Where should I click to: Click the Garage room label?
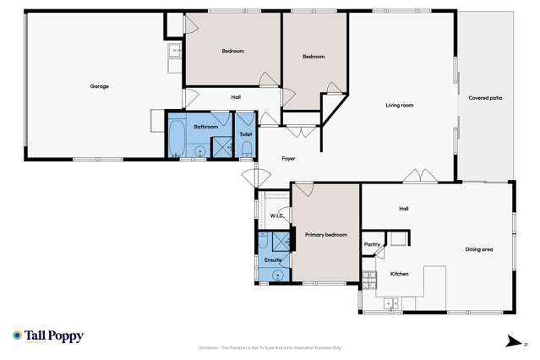[x=100, y=86]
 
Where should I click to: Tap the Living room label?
[x=399, y=105]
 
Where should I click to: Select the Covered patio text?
[x=485, y=98]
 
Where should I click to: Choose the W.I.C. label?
[x=276, y=216]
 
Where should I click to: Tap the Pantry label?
[x=372, y=244]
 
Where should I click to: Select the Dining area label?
[x=478, y=249]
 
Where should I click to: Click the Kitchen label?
[x=399, y=274]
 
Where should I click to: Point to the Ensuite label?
[x=272, y=260]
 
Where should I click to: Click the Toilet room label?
[x=245, y=134]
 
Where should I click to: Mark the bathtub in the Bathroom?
[x=177, y=138]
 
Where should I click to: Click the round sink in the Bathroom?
[x=200, y=152]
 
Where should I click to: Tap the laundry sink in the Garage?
[x=175, y=51]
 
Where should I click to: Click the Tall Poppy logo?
[x=48, y=336]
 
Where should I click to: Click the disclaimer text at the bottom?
[x=270, y=347]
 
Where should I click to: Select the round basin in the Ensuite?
[x=275, y=275]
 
